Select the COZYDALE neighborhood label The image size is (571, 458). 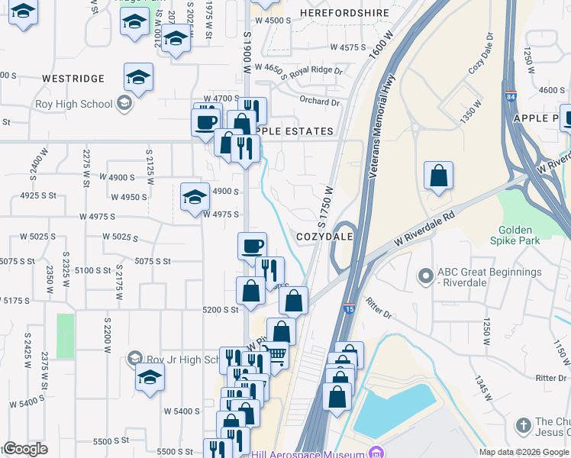[x=324, y=237]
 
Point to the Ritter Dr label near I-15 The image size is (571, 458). [x=378, y=308]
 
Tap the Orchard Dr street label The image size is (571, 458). [x=319, y=102]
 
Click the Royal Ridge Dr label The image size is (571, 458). [x=316, y=70]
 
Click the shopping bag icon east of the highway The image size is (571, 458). [x=439, y=176]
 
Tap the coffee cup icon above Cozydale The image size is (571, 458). [x=253, y=246]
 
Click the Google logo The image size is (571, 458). [x=25, y=449]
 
